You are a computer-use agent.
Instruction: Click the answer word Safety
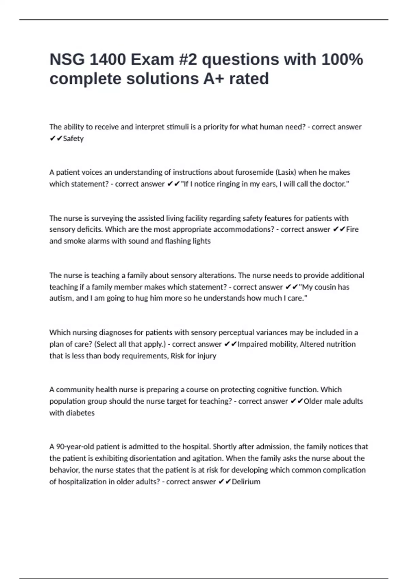click(x=73, y=139)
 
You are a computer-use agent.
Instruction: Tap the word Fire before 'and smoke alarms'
click(x=352, y=229)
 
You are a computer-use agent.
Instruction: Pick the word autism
click(x=60, y=298)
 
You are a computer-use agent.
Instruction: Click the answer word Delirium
click(x=246, y=482)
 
